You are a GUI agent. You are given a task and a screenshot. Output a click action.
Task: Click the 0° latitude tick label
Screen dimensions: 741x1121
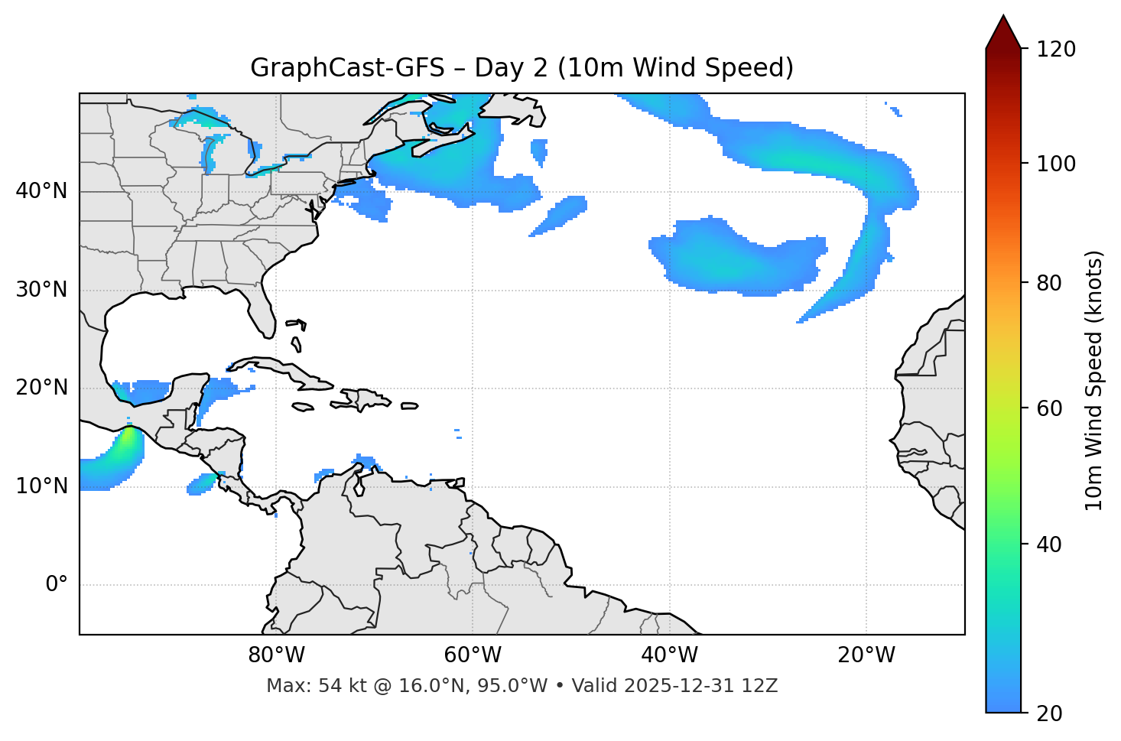[x=57, y=585]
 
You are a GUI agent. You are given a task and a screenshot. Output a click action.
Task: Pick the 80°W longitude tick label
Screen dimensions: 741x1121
[x=276, y=655]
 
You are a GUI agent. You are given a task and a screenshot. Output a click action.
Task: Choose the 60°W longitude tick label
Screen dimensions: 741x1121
[x=473, y=655]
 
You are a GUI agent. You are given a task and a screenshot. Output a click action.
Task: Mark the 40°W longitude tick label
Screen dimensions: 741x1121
[x=669, y=655]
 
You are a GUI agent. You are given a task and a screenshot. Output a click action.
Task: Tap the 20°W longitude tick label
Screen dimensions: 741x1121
[x=866, y=655]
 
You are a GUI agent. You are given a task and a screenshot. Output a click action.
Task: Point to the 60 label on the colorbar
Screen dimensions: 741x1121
[x=1048, y=408]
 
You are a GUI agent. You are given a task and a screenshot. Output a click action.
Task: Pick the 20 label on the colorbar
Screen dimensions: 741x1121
[x=1048, y=713]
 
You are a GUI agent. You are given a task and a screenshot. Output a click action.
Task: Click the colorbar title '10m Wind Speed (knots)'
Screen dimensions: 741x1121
[x=1094, y=380]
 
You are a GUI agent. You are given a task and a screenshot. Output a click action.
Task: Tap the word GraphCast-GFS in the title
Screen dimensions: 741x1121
[x=347, y=68]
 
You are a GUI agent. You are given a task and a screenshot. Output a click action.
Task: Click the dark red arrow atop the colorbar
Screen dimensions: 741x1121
[x=1003, y=33]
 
